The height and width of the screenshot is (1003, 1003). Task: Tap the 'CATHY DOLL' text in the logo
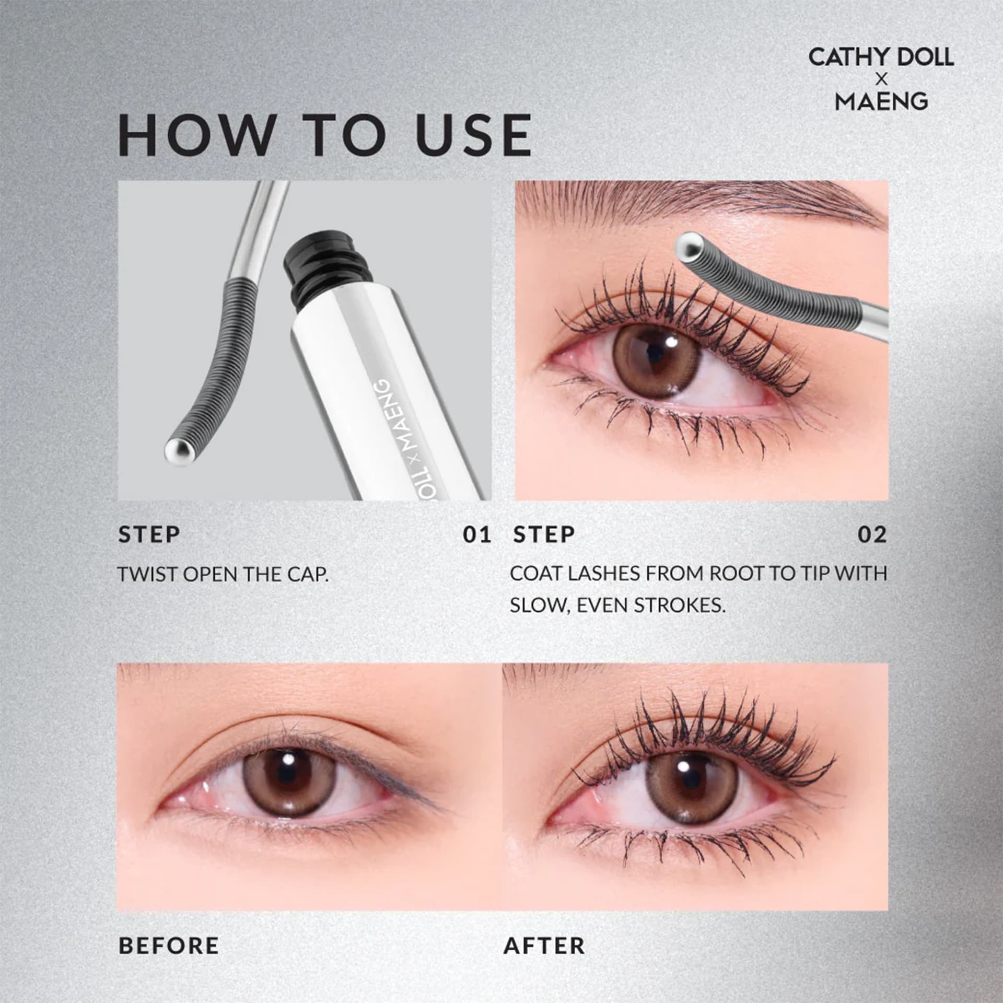click(x=881, y=57)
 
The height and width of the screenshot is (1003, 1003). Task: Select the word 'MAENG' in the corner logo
click(x=881, y=101)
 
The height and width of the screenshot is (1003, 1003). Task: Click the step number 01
click(x=477, y=534)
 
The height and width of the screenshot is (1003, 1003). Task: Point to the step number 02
click(x=872, y=534)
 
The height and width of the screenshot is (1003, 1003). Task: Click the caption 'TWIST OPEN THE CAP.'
click(x=223, y=574)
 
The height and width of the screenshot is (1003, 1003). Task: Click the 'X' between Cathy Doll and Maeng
click(x=881, y=79)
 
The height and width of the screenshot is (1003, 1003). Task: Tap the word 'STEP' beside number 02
click(x=544, y=534)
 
